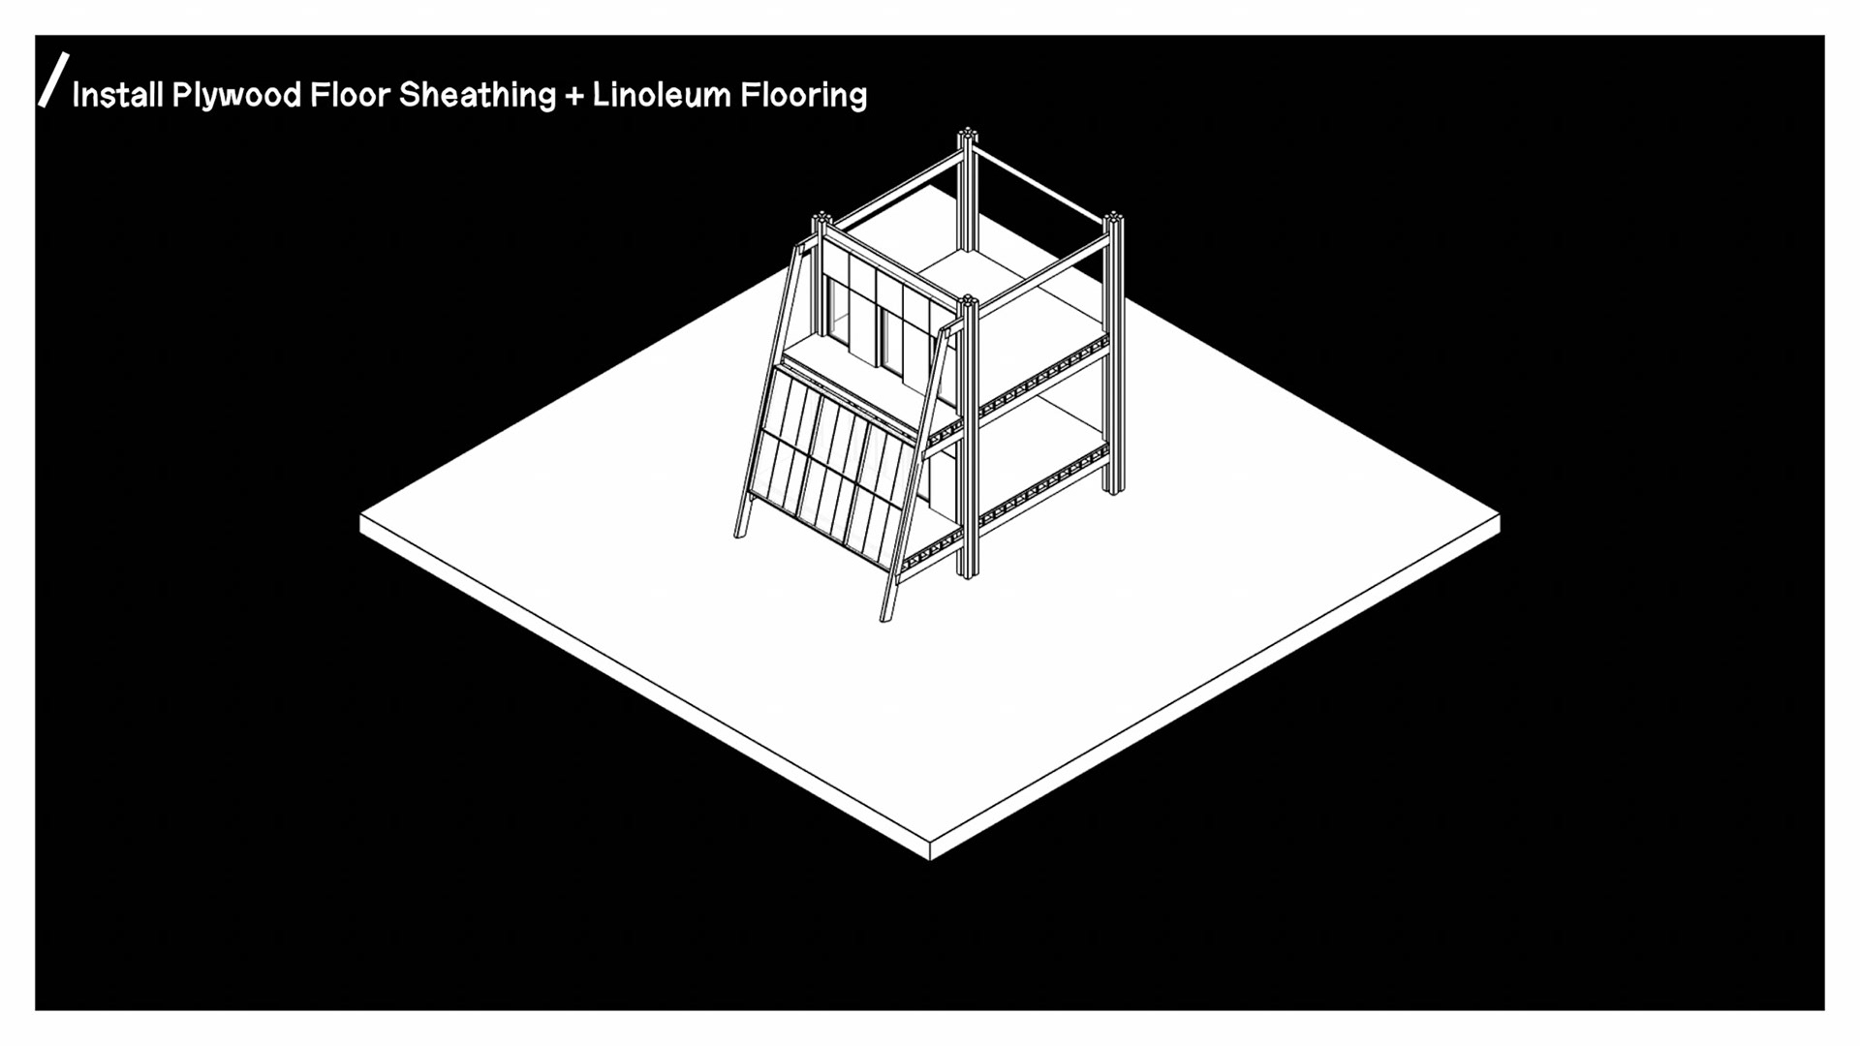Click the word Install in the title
pyautogui.click(x=117, y=95)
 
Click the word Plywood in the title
pyautogui.click(x=236, y=95)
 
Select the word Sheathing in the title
pyautogui.click(x=478, y=95)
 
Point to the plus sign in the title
pyautogui.click(x=574, y=95)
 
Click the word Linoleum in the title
pyautogui.click(x=661, y=95)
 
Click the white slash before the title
pyautogui.click(x=54, y=79)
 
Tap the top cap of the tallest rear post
pyautogui.click(x=967, y=134)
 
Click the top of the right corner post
pyautogui.click(x=1114, y=217)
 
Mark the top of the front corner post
pyautogui.click(x=968, y=301)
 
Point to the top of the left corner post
pyautogui.click(x=822, y=218)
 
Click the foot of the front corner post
pyautogui.click(x=968, y=573)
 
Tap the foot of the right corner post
pyautogui.click(x=1114, y=489)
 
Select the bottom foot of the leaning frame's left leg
pyautogui.click(x=741, y=533)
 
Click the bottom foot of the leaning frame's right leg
pyautogui.click(x=885, y=616)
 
